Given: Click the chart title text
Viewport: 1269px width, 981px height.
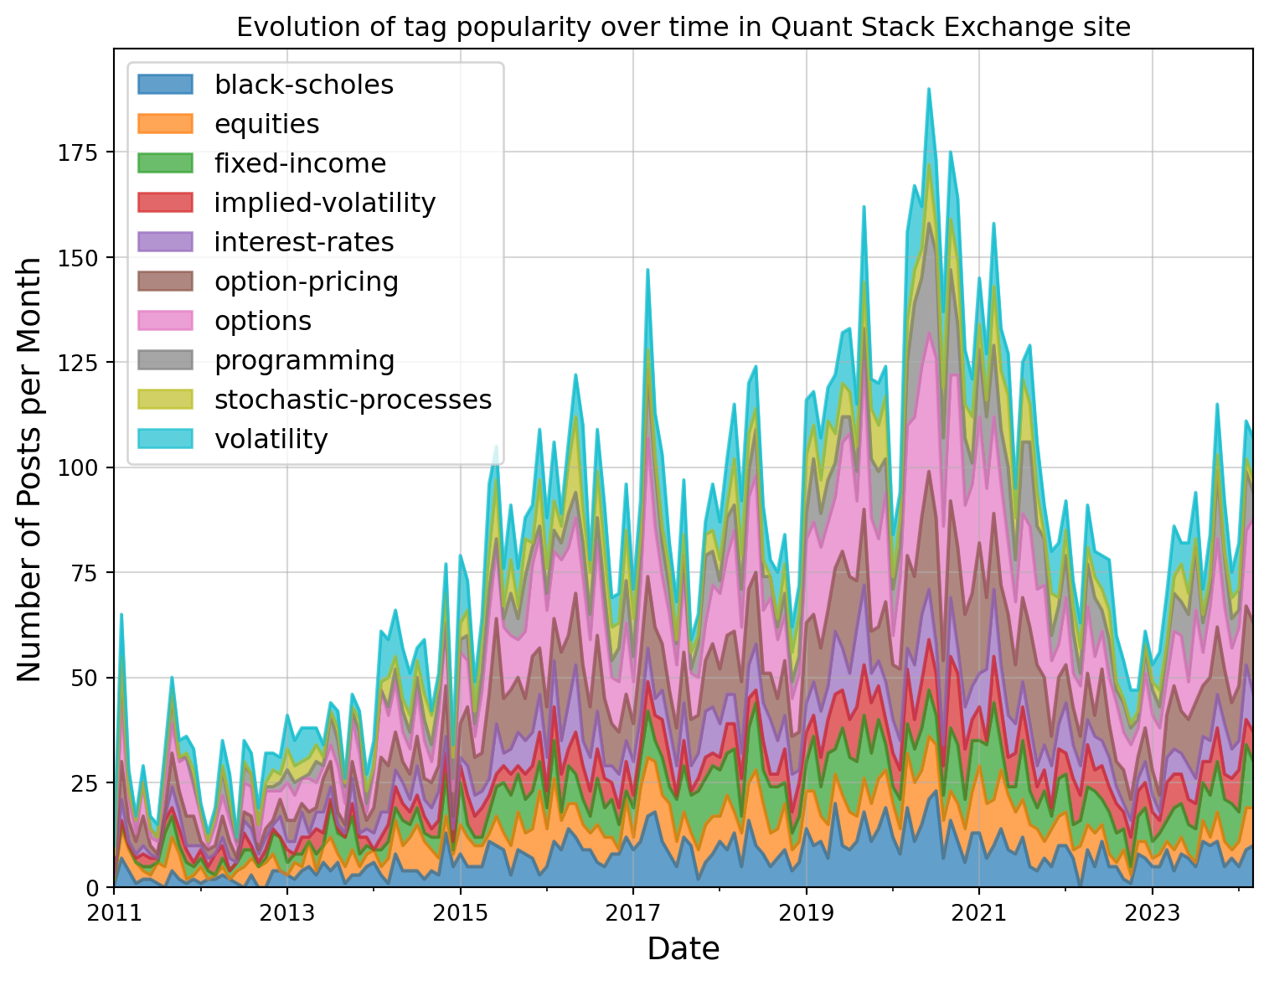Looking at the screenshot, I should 684,28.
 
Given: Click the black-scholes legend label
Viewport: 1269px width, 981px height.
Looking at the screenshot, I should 303,85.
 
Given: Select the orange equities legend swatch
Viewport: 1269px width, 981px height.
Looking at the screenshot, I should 165,124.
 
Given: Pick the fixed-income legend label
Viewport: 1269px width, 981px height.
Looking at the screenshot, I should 300,163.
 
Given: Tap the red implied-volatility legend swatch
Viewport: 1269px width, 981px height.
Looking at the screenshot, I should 165,203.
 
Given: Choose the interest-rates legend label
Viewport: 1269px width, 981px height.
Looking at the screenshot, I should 303,242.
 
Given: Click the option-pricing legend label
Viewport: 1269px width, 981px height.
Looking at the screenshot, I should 306,281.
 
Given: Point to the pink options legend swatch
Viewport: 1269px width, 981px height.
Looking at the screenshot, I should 165,321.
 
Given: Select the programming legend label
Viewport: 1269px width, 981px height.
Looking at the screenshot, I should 304,360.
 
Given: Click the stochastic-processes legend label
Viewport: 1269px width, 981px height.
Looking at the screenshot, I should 353,400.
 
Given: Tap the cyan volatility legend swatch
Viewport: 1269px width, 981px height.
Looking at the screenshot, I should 165,439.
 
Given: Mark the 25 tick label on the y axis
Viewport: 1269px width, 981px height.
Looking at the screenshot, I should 88,782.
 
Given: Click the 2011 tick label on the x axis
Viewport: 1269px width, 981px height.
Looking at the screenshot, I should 114,911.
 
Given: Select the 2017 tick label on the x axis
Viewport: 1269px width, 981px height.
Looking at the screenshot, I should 633,911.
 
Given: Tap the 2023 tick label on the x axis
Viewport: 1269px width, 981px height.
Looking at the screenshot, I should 1153,911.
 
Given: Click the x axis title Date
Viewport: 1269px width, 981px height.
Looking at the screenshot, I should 684,949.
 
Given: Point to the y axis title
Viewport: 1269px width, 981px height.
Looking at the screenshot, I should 29,469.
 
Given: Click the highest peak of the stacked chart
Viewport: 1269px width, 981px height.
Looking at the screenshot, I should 929,89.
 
